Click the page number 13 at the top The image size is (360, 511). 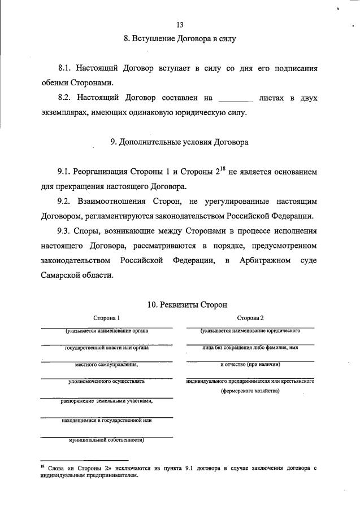click(x=180, y=25)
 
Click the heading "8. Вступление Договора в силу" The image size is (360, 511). click(x=179, y=39)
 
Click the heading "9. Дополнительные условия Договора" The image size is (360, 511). click(x=179, y=143)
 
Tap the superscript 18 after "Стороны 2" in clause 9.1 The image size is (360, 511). click(x=222, y=168)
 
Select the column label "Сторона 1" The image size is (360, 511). click(x=107, y=318)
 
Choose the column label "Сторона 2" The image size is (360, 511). click(x=250, y=318)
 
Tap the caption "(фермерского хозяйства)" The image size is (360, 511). click(x=250, y=390)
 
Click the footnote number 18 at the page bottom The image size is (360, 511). click(x=42, y=466)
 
